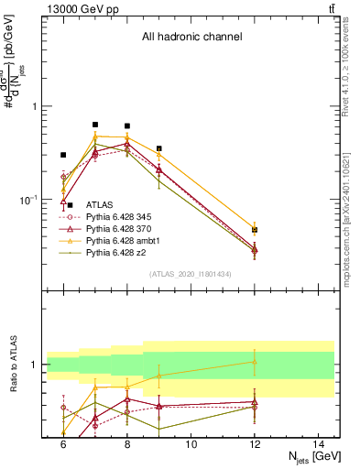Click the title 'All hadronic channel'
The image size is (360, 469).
click(191, 38)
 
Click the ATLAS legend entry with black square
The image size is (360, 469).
click(101, 204)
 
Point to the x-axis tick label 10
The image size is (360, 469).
click(191, 444)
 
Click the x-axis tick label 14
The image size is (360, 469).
click(319, 444)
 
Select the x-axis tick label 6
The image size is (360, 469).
click(63, 444)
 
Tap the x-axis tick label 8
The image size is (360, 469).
click(127, 444)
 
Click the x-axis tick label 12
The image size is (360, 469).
click(255, 444)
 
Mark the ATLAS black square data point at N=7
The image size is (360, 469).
click(95, 125)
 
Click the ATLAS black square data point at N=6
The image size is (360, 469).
click(63, 155)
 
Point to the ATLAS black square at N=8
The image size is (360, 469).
click(127, 125)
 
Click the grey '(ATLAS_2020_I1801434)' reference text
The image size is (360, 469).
click(191, 274)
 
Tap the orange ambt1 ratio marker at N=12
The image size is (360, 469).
click(255, 362)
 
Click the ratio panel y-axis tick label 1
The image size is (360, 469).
click(35, 365)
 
